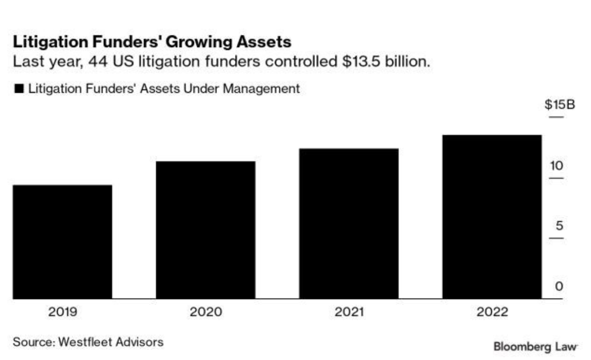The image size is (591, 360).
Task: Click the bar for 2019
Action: click(62, 242)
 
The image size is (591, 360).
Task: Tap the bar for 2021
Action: click(349, 223)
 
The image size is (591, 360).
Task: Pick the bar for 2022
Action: click(492, 217)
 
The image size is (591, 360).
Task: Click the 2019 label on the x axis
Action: click(62, 312)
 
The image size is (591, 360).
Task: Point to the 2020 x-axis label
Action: click(205, 312)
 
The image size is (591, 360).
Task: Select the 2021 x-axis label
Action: click(349, 312)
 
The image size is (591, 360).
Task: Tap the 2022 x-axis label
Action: click(492, 312)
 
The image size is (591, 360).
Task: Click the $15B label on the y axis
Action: click(559, 105)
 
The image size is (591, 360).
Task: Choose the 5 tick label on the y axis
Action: click(560, 226)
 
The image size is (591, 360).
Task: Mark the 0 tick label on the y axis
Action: click(559, 287)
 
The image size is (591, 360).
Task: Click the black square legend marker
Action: click(19, 89)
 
